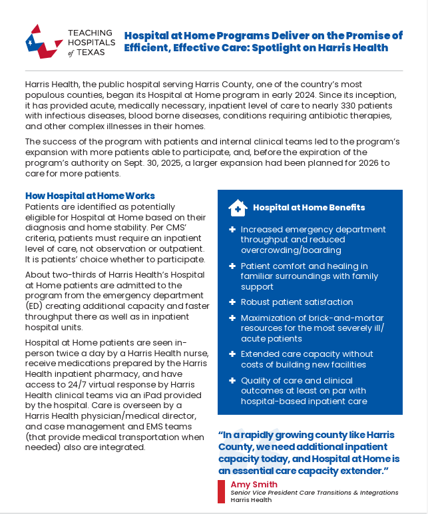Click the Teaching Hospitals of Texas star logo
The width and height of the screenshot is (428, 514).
[x=42, y=41]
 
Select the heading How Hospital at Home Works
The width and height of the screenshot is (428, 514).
[x=90, y=196]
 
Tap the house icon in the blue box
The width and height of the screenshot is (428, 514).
[x=238, y=208]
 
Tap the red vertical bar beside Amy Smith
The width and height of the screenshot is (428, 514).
[x=221, y=491]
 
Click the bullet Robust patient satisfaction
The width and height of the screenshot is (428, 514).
[x=297, y=302]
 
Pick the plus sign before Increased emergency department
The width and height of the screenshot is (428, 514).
[x=232, y=230]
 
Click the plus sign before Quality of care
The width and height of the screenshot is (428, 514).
[x=232, y=381]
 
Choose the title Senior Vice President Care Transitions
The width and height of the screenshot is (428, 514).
[x=314, y=493]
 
